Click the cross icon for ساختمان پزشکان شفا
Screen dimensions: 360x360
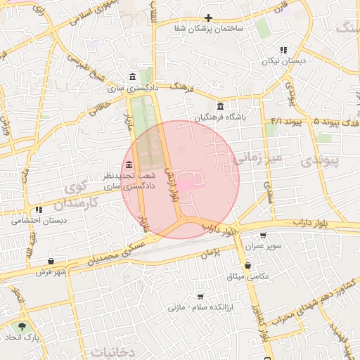pos(208,18)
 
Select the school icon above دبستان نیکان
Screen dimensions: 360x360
pos(283,50)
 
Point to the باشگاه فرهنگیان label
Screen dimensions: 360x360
pos(221,117)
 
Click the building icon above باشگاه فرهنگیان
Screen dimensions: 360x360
pos(221,106)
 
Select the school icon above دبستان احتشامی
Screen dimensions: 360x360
pos(39,210)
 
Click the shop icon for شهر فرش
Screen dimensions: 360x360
pos(51,261)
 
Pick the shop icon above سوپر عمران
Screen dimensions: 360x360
pos(264,236)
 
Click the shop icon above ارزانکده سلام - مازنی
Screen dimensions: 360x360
pos(200,297)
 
